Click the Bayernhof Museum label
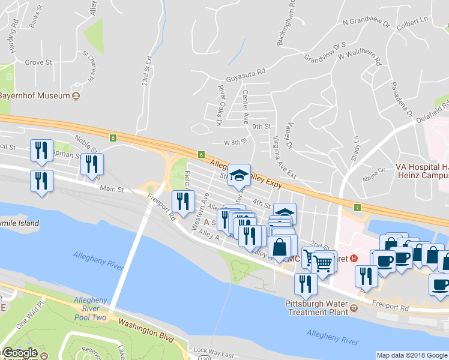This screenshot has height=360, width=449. pyautogui.click(x=34, y=95)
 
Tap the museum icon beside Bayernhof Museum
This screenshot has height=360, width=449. pyautogui.click(x=76, y=96)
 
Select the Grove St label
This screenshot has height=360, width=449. pyautogui.click(x=38, y=62)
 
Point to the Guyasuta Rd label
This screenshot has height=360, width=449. pyautogui.click(x=246, y=79)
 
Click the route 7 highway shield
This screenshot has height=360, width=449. pyautogui.click(x=358, y=208)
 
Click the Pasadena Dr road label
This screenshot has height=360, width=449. pyautogui.click(x=402, y=98)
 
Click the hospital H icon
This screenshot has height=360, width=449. pyautogui.click(x=354, y=259)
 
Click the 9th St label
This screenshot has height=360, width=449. pyautogui.click(x=262, y=127)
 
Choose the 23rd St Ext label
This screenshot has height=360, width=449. pyautogui.click(x=147, y=71)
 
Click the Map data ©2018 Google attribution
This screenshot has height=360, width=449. pyautogui.click(x=412, y=355)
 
